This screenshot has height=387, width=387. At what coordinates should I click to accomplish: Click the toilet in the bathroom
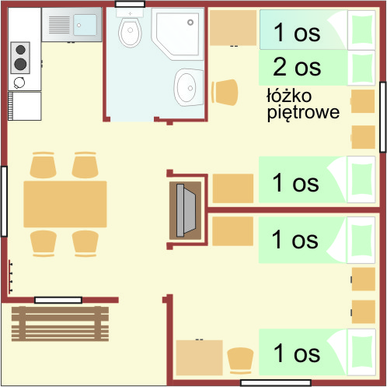(x=129, y=31)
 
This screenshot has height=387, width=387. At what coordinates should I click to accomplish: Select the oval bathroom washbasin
(x=187, y=87)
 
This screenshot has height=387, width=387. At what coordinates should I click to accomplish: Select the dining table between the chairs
(x=64, y=205)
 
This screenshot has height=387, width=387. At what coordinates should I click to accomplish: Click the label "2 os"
(x=297, y=67)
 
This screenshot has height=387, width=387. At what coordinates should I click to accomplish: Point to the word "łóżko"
(x=289, y=96)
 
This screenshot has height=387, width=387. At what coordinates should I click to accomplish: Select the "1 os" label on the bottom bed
(x=296, y=354)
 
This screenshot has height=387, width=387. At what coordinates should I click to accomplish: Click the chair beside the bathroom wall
(x=225, y=92)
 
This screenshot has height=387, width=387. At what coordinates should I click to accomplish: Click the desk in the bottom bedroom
(x=199, y=358)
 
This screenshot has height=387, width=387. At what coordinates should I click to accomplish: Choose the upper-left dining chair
(x=43, y=166)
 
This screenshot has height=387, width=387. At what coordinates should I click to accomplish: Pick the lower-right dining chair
(x=86, y=242)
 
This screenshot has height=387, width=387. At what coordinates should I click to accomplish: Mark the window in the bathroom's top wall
(x=129, y=5)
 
